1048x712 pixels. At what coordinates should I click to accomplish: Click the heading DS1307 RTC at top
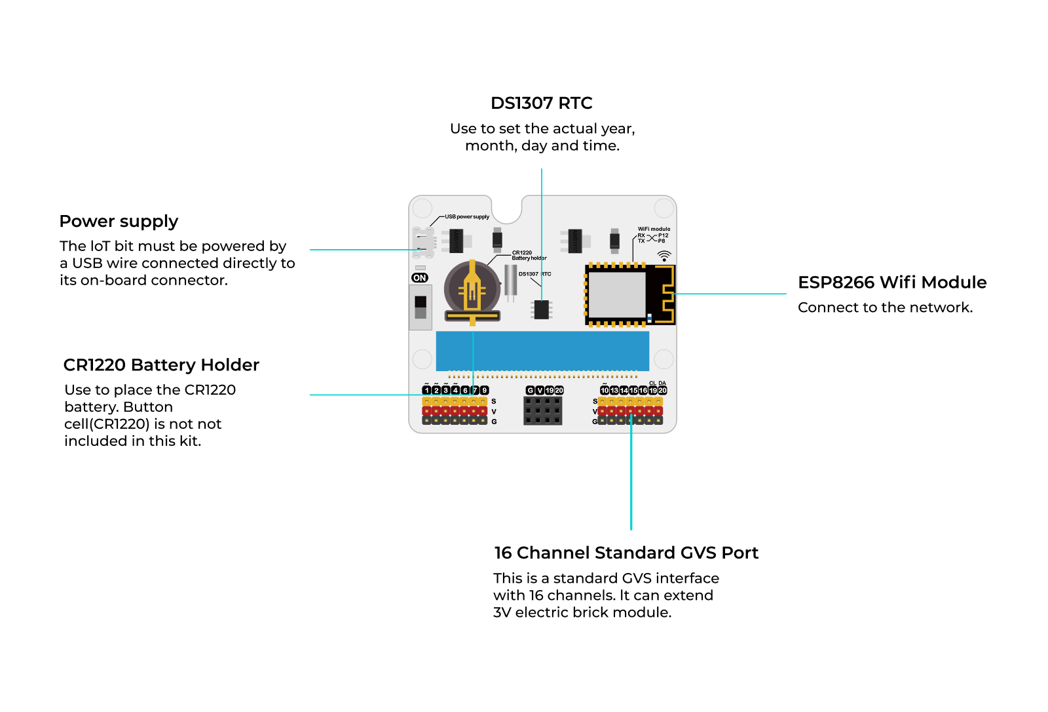541,104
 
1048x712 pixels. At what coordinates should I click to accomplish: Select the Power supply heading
119,222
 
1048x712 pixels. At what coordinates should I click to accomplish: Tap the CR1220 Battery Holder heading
161,365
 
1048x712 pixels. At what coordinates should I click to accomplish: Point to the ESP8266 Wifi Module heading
891,283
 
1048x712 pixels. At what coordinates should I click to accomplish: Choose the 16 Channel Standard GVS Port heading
626,553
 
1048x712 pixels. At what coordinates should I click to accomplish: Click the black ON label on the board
420,278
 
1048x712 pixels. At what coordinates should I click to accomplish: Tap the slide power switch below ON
421,307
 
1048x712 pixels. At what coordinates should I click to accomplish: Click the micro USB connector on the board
424,242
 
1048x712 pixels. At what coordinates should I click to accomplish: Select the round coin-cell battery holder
472,290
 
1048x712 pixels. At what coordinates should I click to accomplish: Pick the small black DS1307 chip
542,309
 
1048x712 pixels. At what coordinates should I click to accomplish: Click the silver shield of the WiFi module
616,294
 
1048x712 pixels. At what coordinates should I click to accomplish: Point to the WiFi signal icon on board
664,255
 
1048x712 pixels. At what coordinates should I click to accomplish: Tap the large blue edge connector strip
542,351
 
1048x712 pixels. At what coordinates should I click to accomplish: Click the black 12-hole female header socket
542,411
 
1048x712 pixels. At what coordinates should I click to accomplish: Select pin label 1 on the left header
427,390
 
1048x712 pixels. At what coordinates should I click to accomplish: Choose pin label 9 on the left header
485,390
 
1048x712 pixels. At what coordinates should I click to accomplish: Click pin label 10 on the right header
605,390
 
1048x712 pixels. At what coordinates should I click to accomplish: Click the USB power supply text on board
467,216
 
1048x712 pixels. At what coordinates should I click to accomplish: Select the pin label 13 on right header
614,390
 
